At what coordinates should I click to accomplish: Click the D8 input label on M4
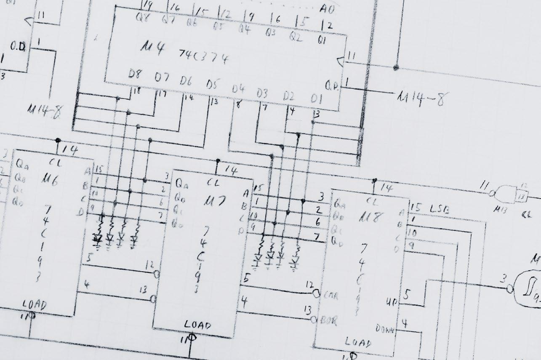click(135, 75)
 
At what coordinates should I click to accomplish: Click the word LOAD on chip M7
click(197, 325)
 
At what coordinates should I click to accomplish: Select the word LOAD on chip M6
click(34, 304)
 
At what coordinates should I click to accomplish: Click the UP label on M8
click(391, 302)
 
